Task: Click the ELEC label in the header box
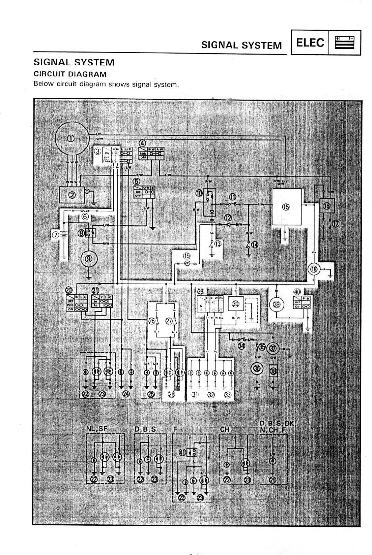pos(310,43)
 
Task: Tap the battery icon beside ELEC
pos(344,43)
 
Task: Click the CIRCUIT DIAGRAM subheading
pos(70,74)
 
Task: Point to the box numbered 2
pos(72,195)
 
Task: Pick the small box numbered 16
pos(327,206)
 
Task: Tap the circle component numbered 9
pos(89,259)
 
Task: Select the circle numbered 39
pos(277,304)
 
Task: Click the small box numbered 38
pos(273,371)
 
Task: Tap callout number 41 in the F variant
pos(182,452)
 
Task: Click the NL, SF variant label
pos(96,429)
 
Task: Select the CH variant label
pos(225,429)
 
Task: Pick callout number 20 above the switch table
pos(69,290)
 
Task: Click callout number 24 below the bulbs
pos(126,394)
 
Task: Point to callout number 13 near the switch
pos(218,243)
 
